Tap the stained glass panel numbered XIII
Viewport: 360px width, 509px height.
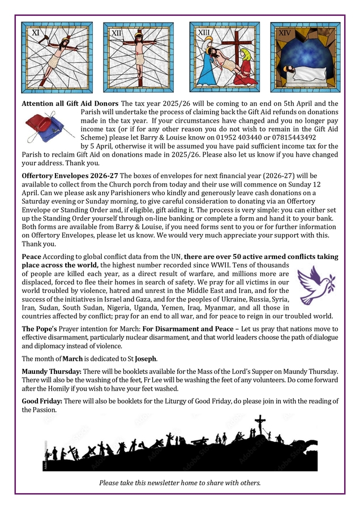(x=224, y=58)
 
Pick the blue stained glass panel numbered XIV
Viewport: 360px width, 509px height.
(x=305, y=58)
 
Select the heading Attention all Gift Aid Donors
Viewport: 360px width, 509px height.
(x=70, y=103)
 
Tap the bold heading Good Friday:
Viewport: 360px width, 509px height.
(x=42, y=401)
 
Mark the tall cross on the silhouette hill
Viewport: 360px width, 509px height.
(x=260, y=426)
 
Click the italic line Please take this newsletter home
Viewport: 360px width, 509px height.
(x=180, y=483)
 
